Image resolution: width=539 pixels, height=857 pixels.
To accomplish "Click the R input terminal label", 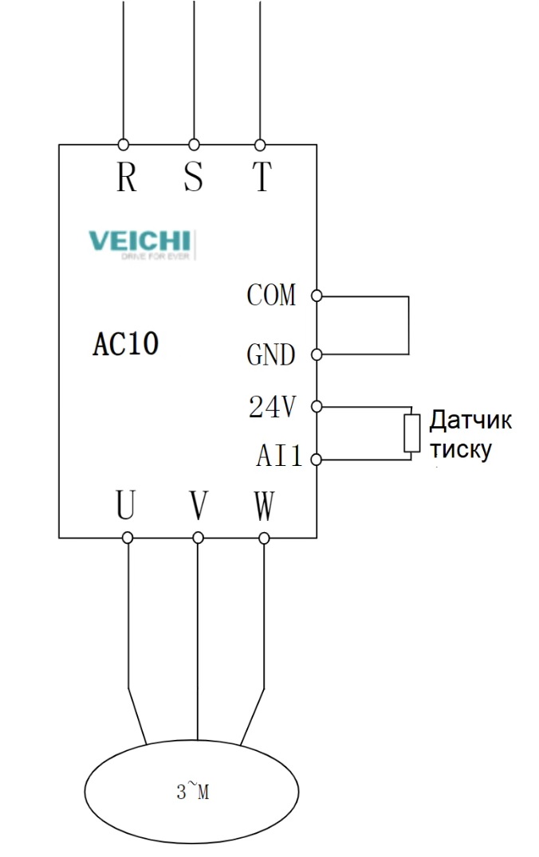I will (x=126, y=178).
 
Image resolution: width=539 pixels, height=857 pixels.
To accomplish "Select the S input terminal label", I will (x=193, y=178).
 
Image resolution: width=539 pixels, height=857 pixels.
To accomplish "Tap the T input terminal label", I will (x=261, y=178).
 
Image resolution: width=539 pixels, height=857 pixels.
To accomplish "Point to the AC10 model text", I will (x=126, y=343).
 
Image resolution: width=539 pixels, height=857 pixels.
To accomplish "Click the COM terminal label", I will (x=271, y=295).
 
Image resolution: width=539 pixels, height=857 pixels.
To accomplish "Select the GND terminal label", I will (x=271, y=354).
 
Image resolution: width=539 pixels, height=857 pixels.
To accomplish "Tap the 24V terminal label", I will (x=273, y=408).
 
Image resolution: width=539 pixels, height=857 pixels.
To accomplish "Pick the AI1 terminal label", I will (x=279, y=457).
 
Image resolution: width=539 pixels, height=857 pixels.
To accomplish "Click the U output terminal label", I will (x=125, y=505).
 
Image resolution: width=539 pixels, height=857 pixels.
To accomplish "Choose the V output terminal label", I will (x=199, y=505).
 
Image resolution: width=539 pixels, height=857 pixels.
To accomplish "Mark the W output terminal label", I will (x=264, y=505).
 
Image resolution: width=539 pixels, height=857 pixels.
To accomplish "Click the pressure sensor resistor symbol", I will (x=411, y=433).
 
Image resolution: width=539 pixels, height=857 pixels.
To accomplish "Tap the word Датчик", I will (x=470, y=420).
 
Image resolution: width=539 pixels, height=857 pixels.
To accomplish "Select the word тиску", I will (x=460, y=449).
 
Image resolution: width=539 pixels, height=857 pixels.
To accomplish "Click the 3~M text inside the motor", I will (x=192, y=792).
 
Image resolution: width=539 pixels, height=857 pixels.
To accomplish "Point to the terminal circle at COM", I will (x=317, y=296).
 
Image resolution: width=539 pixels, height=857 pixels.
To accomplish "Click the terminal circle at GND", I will (x=317, y=354).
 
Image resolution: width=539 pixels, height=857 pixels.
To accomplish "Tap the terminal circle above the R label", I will (x=124, y=145).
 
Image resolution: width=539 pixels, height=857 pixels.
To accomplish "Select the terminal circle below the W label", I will (x=265, y=538).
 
